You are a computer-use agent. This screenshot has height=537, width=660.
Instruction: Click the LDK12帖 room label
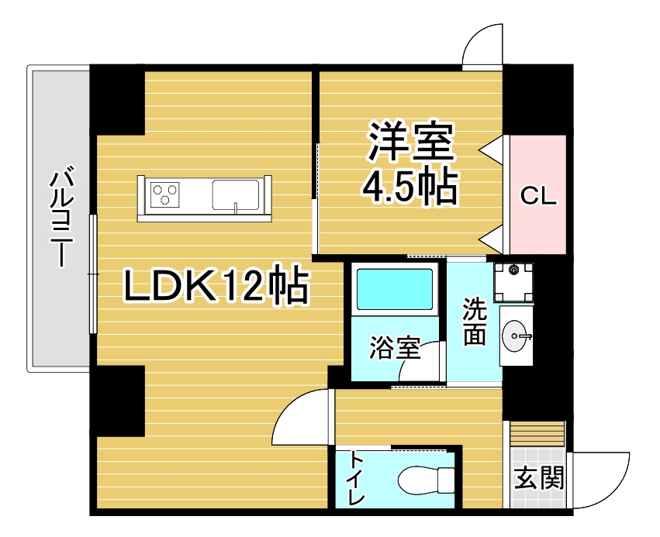tap(216, 284)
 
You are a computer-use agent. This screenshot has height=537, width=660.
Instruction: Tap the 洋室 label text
tap(411, 142)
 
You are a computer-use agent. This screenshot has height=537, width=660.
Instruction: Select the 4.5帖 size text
tap(410, 186)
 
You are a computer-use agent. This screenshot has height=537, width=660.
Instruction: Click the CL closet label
tap(538, 195)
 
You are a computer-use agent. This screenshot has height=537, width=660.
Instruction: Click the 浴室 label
tap(396, 347)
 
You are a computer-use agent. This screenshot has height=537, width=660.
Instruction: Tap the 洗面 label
tap(475, 322)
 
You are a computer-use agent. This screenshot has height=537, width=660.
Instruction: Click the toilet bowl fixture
tap(426, 480)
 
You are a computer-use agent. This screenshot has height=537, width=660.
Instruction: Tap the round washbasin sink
tap(514, 336)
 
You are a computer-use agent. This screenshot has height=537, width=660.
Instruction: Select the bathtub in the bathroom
tap(395, 289)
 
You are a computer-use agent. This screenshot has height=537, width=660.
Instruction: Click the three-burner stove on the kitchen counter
tap(165, 194)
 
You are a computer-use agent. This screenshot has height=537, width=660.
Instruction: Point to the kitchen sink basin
tap(236, 194)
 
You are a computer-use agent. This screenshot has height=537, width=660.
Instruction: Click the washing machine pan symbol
tap(513, 283)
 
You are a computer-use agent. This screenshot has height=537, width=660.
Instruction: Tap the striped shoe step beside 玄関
tap(537, 433)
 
